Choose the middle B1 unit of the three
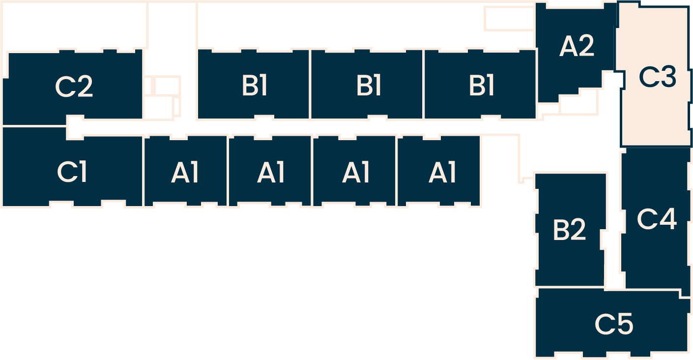pos(367,85)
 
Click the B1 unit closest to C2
pos(254,85)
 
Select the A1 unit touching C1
pos(185,172)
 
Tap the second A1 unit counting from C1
pos(270,172)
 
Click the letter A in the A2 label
pos(568,47)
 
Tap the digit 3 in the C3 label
pos(667,78)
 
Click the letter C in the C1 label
pos(66,172)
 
